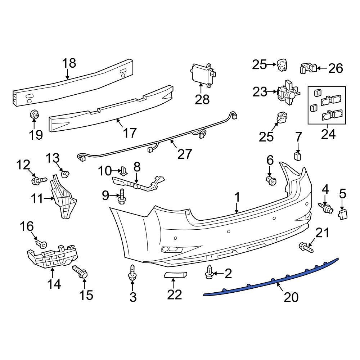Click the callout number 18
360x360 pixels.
(x=69, y=63)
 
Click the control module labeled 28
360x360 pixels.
(x=202, y=75)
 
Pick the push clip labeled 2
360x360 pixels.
(x=209, y=273)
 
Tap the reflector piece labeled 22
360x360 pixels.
(x=176, y=275)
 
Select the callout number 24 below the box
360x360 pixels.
(x=328, y=134)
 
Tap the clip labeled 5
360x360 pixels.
(x=342, y=215)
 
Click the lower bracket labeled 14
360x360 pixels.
(x=52, y=256)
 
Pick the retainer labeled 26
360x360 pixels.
(x=308, y=68)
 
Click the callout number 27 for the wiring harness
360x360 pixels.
(x=185, y=154)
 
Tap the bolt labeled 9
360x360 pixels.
(x=122, y=197)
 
